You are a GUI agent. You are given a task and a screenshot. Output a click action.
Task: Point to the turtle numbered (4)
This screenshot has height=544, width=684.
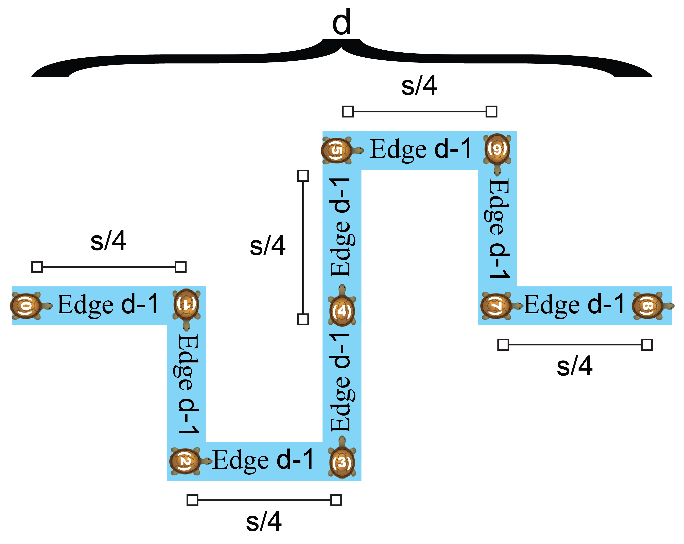click(x=342, y=310)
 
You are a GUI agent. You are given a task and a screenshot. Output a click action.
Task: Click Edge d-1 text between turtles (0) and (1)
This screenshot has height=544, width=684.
click(x=108, y=305)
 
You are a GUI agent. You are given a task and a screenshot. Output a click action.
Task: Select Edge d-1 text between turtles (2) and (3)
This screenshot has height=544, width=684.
click(x=263, y=460)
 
